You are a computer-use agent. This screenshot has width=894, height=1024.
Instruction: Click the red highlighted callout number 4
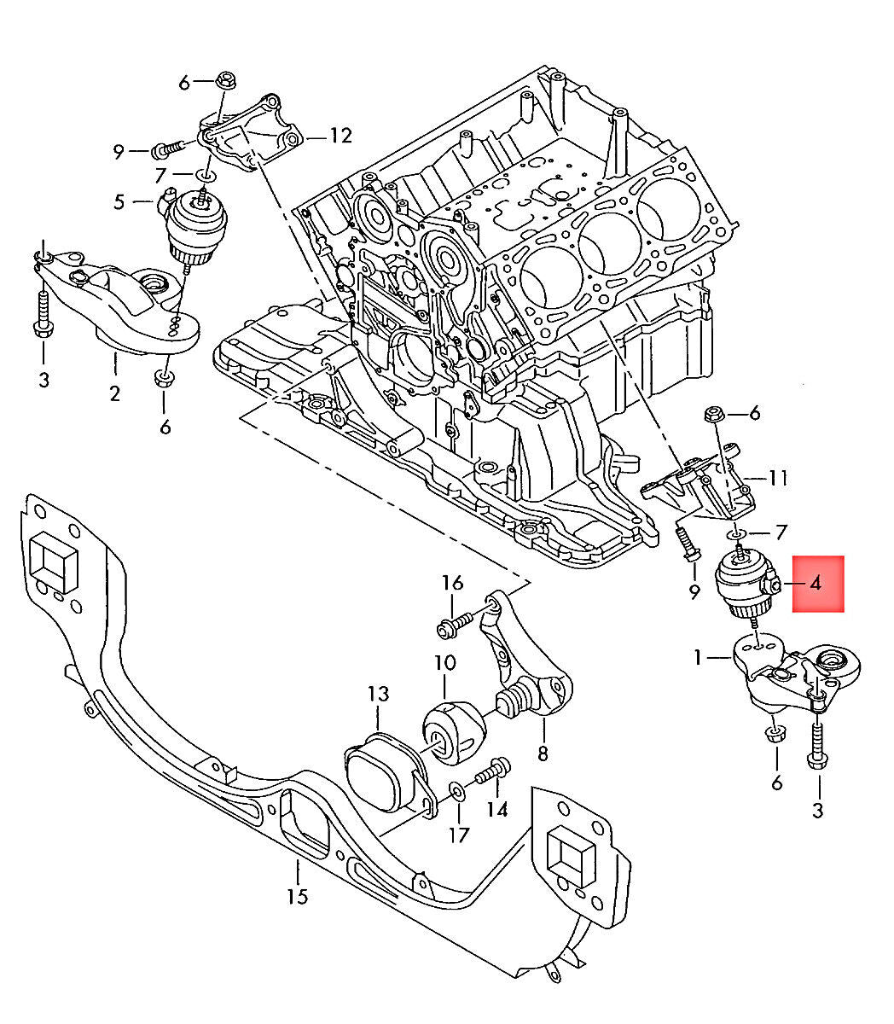(816, 584)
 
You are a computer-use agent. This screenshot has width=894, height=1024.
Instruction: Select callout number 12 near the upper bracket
(340, 135)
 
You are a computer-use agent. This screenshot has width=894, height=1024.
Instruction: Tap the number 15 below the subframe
(297, 896)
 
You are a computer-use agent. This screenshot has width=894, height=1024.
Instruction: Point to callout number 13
(378, 693)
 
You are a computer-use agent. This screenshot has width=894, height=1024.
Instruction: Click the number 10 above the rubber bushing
(444, 662)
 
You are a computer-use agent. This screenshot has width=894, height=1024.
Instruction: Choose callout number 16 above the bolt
(452, 583)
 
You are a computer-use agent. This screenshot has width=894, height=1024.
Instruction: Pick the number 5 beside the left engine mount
(119, 202)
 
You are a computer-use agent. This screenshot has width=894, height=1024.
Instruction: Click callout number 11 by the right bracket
(777, 477)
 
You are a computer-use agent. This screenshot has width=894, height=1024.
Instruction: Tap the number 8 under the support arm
(543, 753)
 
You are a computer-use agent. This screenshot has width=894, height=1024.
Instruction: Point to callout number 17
(459, 834)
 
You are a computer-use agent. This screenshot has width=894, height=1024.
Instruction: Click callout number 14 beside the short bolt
(497, 808)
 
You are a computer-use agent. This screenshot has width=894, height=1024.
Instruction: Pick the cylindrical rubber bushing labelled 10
(454, 731)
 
